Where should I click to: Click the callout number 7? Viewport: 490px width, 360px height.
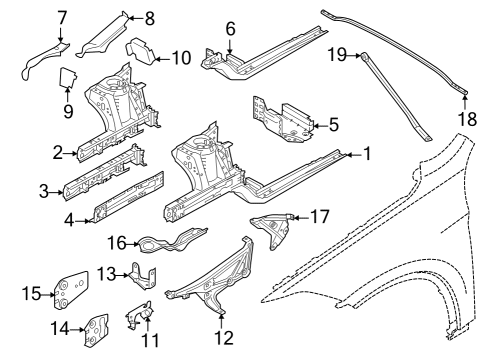(x=62, y=18)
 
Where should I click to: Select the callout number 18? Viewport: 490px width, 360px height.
(x=467, y=119)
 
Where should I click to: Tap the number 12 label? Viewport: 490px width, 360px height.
(x=224, y=338)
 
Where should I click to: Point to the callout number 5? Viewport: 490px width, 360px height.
(x=334, y=125)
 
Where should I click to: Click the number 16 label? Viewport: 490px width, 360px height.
(x=117, y=243)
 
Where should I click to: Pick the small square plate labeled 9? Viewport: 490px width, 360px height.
(x=68, y=77)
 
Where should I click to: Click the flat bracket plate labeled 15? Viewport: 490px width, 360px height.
(x=71, y=290)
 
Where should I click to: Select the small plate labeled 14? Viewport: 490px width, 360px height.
(x=96, y=331)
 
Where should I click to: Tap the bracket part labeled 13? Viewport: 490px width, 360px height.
(x=143, y=276)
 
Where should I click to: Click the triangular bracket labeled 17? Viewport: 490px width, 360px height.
(x=272, y=229)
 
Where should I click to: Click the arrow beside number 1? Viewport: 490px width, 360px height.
(x=354, y=155)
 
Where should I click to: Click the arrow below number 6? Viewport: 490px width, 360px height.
(x=230, y=46)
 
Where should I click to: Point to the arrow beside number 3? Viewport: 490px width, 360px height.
(x=57, y=192)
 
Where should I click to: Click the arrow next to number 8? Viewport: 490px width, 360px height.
(x=136, y=18)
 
